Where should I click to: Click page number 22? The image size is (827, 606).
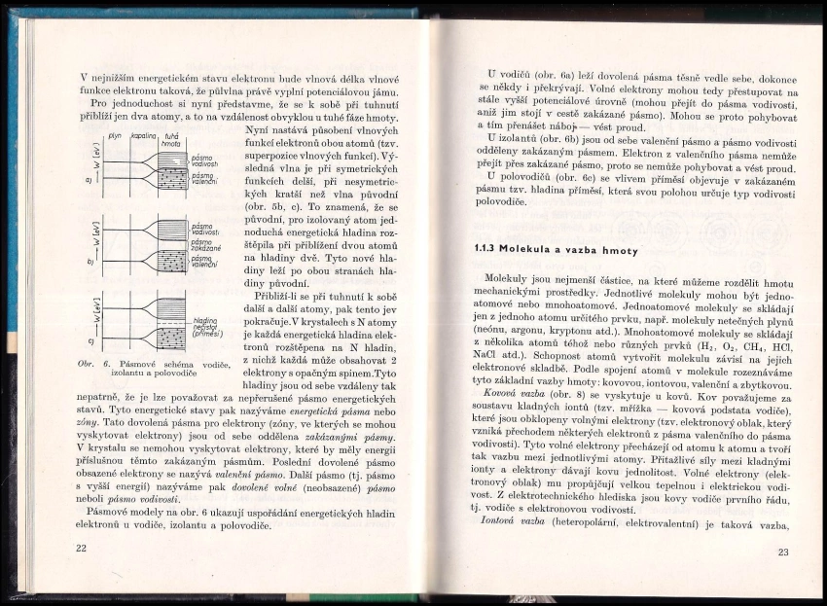coord(81,549)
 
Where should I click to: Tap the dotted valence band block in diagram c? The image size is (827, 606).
coord(171,341)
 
